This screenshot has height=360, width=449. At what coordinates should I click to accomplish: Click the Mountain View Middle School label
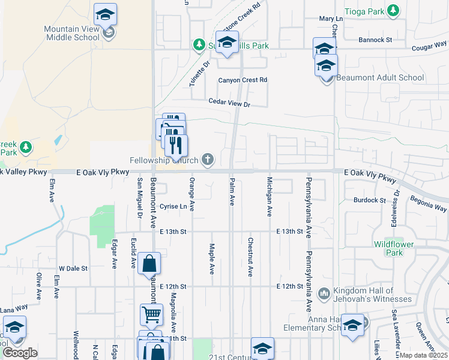coord(71,33)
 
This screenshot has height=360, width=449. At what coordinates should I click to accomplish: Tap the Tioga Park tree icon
coord(393,11)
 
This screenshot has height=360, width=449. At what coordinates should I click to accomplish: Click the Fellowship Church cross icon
coord(208,160)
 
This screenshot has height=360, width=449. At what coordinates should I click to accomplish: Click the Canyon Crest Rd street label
coord(242,80)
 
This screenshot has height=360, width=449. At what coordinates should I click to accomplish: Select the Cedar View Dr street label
coord(228,104)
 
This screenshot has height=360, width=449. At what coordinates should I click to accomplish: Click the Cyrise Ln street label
coord(173,206)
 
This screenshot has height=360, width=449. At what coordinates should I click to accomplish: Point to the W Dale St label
coord(73,268)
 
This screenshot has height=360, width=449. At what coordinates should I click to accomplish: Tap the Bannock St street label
coord(375,40)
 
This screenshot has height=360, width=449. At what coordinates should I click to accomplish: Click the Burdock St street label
coord(369,200)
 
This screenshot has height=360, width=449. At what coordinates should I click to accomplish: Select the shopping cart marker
coord(151,314)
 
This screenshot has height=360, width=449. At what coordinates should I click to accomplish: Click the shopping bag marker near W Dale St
coord(149,264)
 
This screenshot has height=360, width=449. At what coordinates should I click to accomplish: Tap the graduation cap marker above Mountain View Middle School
coord(106,14)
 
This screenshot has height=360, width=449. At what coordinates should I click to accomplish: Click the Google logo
coord(20,353)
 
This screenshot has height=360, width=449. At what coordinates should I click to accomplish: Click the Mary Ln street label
coord(330,19)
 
